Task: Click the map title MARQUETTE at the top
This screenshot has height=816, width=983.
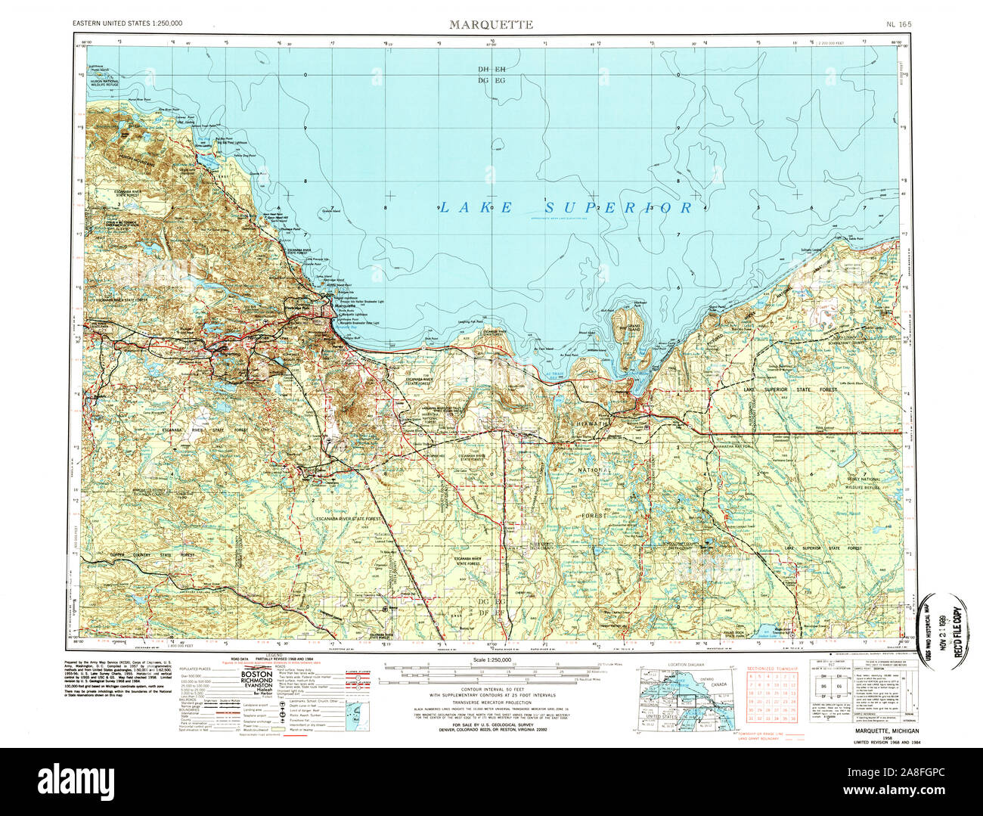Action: pyautogui.click(x=491, y=24)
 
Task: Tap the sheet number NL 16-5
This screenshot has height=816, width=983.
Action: pyautogui.click(x=898, y=24)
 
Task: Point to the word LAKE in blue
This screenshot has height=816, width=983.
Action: pyautogui.click(x=472, y=206)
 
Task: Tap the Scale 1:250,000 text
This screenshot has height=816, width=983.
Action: pyautogui.click(x=491, y=660)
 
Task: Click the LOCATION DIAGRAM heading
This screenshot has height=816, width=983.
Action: pyautogui.click(x=686, y=665)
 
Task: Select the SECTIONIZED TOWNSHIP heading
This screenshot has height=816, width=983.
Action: pyautogui.click(x=773, y=669)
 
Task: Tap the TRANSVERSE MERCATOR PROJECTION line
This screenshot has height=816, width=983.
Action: pyautogui.click(x=491, y=703)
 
